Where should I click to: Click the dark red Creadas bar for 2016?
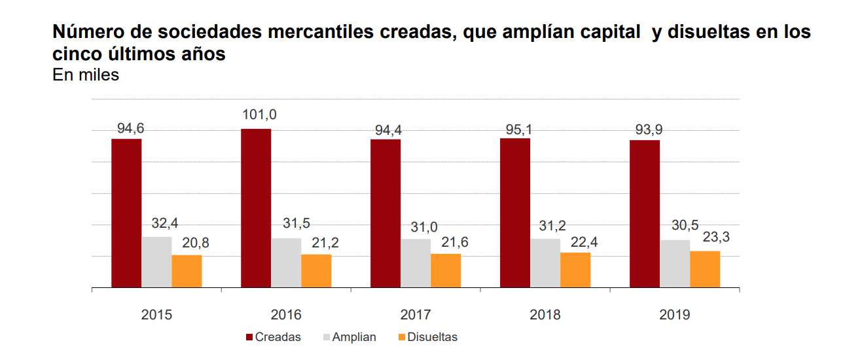click(256, 208)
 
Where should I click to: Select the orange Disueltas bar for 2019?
click(705, 269)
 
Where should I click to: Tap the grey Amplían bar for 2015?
click(156, 262)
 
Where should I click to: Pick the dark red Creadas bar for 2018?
click(515, 213)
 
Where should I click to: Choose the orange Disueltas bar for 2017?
click(446, 270)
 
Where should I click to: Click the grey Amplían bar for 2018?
click(545, 263)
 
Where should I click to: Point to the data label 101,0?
click(259, 115)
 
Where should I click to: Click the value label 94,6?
click(130, 128)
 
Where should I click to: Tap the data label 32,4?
click(165, 223)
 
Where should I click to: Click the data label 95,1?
click(518, 128)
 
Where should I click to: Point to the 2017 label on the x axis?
click(416, 315)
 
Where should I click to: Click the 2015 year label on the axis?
click(156, 315)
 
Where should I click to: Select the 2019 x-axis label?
click(675, 315)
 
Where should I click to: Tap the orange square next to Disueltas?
click(402, 337)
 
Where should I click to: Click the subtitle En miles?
click(85, 75)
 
